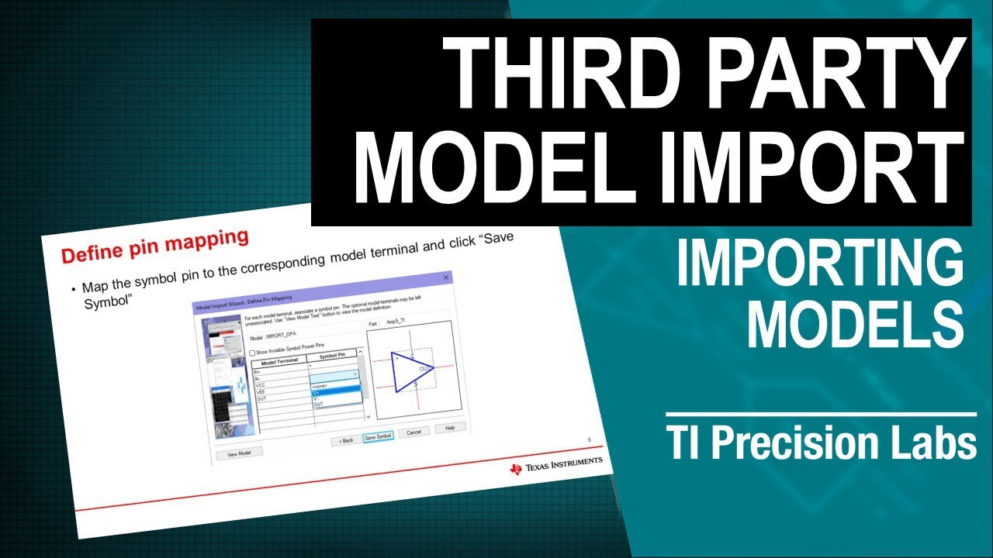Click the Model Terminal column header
pyautogui.click(x=280, y=362)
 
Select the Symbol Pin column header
pyautogui.click(x=334, y=356)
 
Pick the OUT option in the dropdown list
pyautogui.click(x=319, y=404)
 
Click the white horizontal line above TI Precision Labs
pyautogui.click(x=821, y=415)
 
